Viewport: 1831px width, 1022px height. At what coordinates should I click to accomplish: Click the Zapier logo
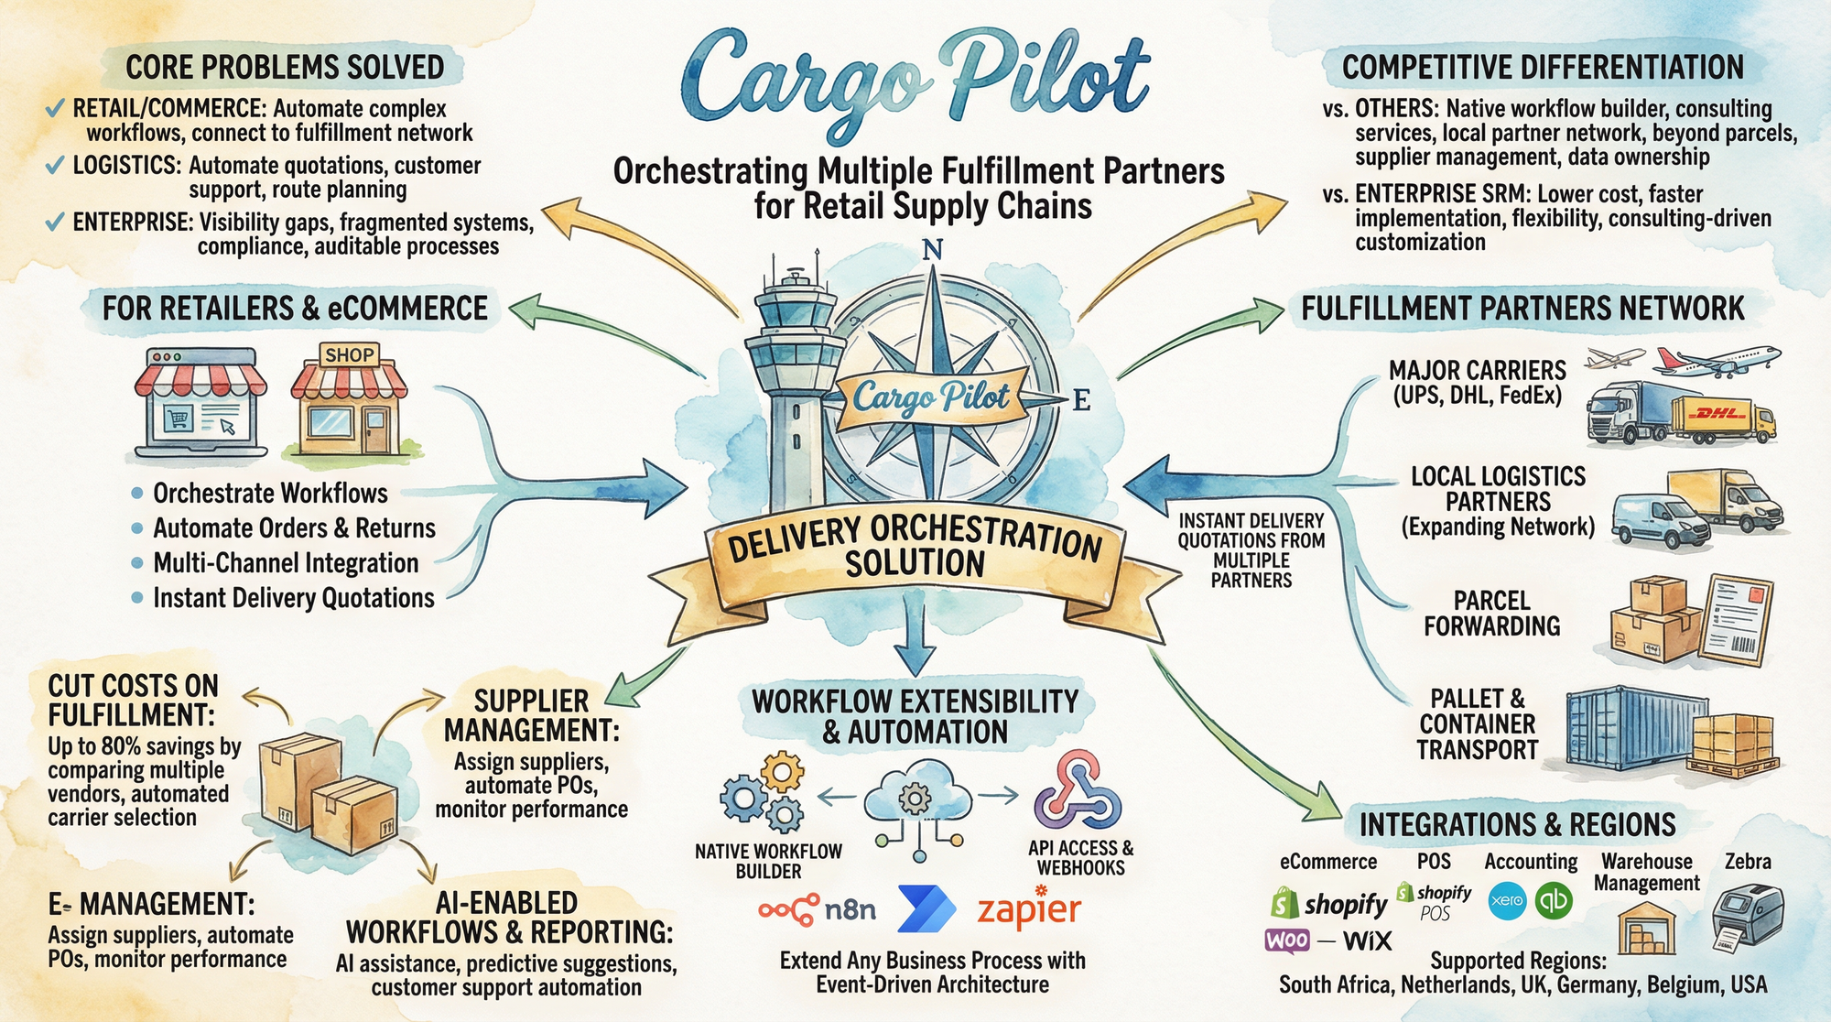(1029, 909)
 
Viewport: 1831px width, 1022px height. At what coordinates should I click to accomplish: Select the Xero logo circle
(1507, 900)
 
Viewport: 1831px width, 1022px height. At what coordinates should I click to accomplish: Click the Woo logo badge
(1287, 940)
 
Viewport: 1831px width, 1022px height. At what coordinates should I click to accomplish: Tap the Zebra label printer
(1747, 916)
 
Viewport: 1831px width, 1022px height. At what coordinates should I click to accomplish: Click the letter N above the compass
(932, 249)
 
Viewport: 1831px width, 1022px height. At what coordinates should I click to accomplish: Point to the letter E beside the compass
(1080, 400)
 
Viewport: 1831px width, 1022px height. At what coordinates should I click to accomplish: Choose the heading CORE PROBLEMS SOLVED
(285, 68)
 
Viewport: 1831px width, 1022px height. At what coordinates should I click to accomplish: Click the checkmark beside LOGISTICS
(55, 166)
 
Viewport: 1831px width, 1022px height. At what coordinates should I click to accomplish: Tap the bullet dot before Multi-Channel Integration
(137, 563)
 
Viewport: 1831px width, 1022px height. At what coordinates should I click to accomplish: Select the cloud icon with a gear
(915, 799)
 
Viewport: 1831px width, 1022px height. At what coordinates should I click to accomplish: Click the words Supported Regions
(1518, 961)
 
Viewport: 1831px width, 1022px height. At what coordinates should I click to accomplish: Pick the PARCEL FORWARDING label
(1491, 613)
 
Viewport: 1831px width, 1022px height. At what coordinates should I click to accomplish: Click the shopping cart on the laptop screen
(178, 419)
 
